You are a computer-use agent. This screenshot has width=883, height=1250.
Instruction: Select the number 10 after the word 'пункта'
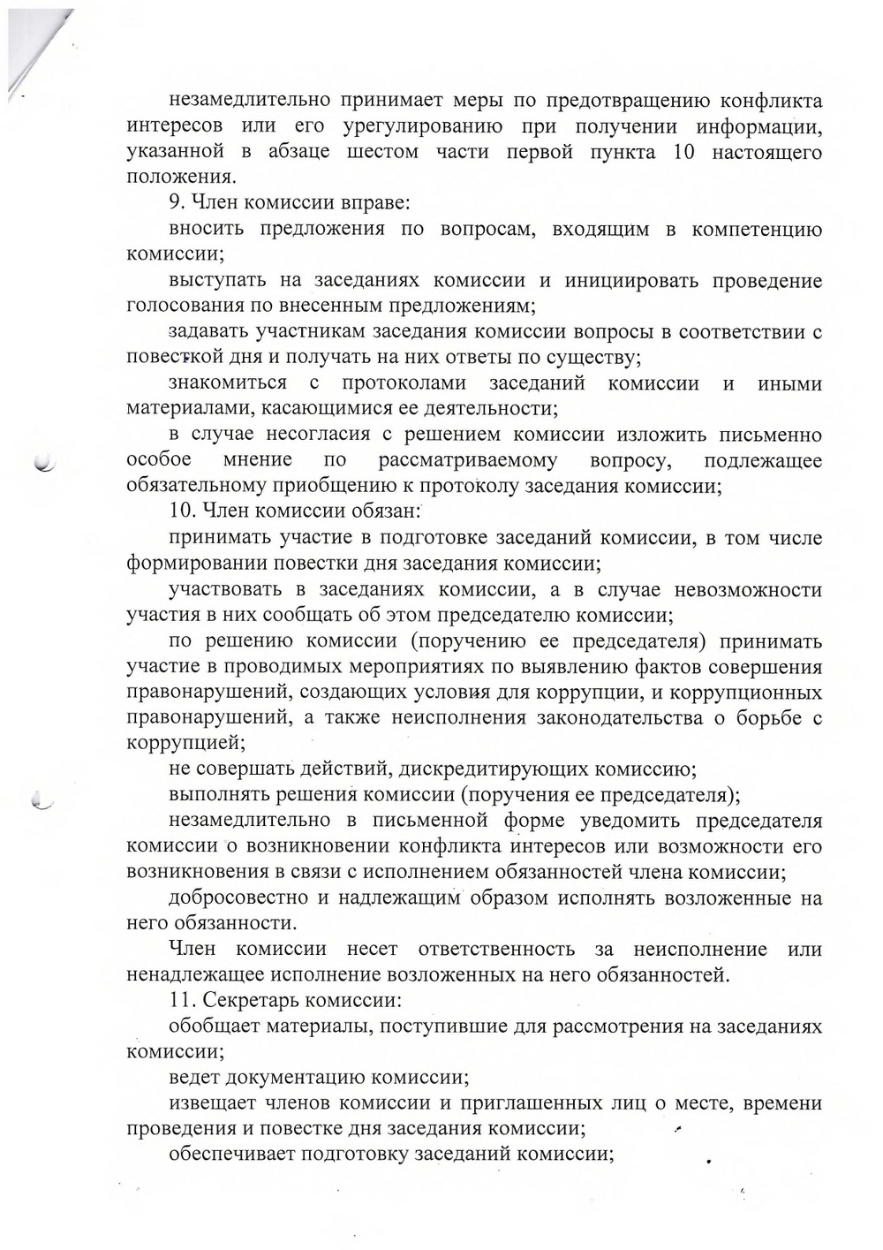pos(683,153)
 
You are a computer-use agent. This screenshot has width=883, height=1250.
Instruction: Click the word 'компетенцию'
pos(757,230)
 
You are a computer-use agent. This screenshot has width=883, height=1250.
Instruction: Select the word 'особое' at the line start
pos(160,460)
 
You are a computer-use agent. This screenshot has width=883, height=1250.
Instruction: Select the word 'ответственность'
pos(495,950)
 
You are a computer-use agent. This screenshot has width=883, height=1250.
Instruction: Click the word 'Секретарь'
pos(248,1002)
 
